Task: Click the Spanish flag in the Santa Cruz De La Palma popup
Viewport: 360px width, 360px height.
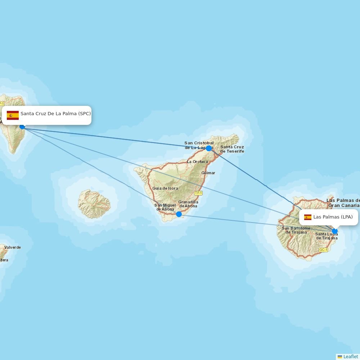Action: click(x=13, y=115)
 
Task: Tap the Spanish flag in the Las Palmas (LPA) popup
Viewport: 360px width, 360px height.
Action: click(x=307, y=217)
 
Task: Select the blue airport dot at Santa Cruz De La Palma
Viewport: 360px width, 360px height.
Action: click(x=22, y=127)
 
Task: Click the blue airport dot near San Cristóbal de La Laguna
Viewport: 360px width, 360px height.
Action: click(x=209, y=148)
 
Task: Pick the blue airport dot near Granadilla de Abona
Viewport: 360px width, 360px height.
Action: click(x=179, y=214)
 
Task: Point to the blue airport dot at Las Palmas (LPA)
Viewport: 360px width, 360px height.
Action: click(x=335, y=231)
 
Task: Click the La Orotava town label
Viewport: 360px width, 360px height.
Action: click(x=197, y=162)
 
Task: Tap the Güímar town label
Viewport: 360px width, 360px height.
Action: click(x=208, y=173)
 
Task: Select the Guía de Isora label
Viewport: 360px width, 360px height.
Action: click(x=165, y=188)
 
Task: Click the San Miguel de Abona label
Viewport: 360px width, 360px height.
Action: click(x=165, y=207)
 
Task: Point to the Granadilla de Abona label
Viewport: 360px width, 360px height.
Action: click(x=188, y=204)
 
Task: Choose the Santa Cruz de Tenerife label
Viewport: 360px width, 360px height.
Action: click(x=232, y=149)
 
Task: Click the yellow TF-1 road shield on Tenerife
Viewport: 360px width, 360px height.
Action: click(x=198, y=193)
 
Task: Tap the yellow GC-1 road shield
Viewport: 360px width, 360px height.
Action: click(x=323, y=250)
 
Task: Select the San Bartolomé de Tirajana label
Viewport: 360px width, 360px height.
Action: click(x=296, y=230)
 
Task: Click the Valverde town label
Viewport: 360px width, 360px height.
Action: click(x=13, y=247)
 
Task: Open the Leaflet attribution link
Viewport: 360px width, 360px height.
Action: click(x=350, y=356)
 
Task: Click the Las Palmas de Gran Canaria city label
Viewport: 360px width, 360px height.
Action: click(x=343, y=203)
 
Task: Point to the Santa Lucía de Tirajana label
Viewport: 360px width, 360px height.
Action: click(x=327, y=236)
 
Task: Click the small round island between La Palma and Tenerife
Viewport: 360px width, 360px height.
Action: click(x=94, y=204)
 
